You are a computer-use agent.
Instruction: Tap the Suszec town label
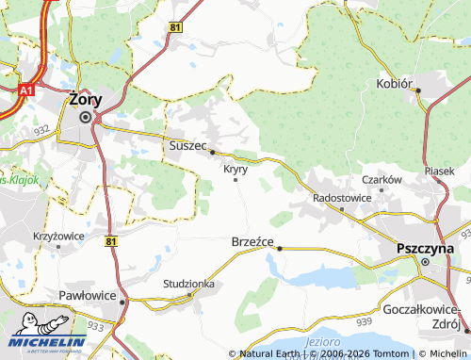click(187, 145)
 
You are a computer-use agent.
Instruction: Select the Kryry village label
click(235, 169)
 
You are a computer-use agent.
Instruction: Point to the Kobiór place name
click(395, 83)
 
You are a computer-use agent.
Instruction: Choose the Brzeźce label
click(252, 241)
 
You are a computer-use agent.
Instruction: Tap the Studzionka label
click(188, 283)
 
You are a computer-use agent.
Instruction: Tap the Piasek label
click(439, 171)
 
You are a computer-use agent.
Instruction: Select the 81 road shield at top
click(176, 27)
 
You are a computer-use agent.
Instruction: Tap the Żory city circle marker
click(86, 117)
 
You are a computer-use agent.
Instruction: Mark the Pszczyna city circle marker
click(425, 261)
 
